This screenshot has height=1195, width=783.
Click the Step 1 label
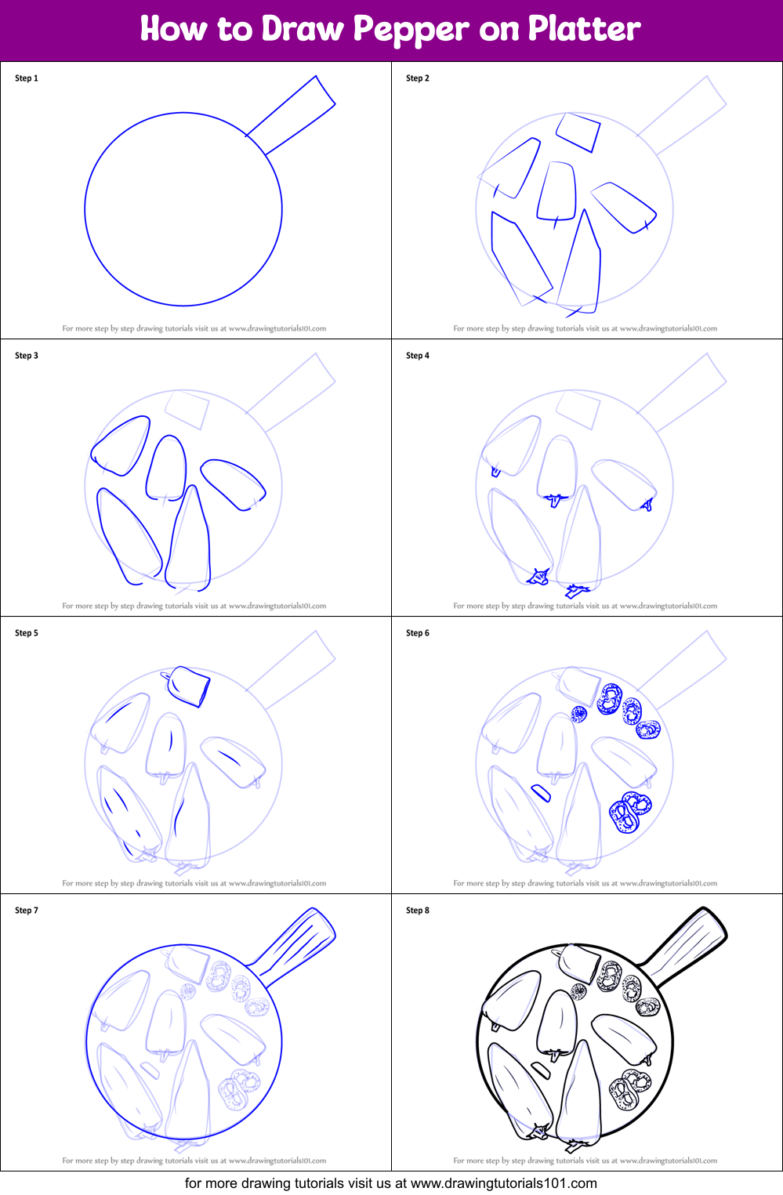(27, 78)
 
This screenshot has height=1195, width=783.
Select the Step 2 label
(418, 78)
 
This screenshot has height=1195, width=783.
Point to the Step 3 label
(27, 356)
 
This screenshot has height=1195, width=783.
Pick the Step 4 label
(418, 356)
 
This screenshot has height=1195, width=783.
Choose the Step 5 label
(27, 633)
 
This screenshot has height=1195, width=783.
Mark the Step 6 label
(418, 633)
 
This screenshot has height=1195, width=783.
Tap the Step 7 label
(27, 911)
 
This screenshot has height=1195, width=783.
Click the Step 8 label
(418, 911)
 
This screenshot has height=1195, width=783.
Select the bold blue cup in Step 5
(188, 686)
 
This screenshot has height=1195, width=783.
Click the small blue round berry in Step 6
(579, 714)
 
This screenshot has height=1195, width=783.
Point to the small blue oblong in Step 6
(541, 793)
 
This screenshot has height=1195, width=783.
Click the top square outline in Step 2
(578, 132)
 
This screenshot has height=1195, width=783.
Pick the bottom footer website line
(391, 1183)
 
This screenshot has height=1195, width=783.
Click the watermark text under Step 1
(194, 329)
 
